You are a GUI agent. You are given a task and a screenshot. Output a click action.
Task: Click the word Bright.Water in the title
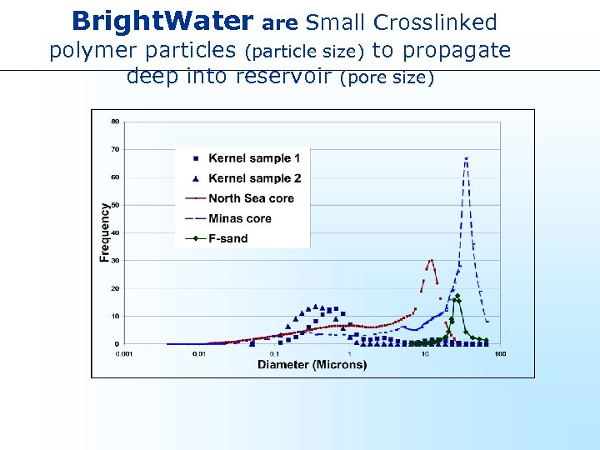162,21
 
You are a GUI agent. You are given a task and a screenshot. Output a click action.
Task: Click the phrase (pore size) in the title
387,77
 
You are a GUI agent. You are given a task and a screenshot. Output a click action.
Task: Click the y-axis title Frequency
105,232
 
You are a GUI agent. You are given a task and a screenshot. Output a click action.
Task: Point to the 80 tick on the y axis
115,122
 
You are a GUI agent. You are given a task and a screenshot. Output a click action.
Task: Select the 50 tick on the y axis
115,205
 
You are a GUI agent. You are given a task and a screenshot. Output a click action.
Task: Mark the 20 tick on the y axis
115,288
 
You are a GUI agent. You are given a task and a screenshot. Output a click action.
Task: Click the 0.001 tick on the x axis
122,354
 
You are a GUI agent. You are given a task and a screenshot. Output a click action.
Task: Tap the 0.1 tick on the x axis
273,354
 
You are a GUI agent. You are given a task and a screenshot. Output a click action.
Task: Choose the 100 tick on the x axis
500,354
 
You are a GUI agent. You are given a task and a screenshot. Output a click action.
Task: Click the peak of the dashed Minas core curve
467,158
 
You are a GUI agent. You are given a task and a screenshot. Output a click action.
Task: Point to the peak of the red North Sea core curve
431,261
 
